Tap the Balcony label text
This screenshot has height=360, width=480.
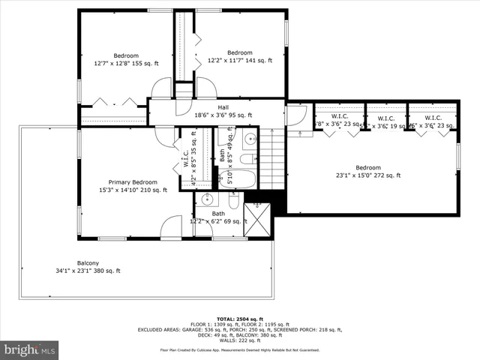click(x=88, y=262)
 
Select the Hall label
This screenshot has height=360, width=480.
click(x=223, y=107)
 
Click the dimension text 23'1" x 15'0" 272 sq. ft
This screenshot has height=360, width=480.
click(x=367, y=175)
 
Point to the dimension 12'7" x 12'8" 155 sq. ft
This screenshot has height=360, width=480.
click(x=126, y=64)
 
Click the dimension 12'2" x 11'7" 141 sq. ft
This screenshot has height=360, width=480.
click(x=240, y=61)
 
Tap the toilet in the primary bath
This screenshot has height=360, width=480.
click(x=233, y=202)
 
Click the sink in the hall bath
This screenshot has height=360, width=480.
click(x=248, y=139)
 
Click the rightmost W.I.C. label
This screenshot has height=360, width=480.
click(x=433, y=118)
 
